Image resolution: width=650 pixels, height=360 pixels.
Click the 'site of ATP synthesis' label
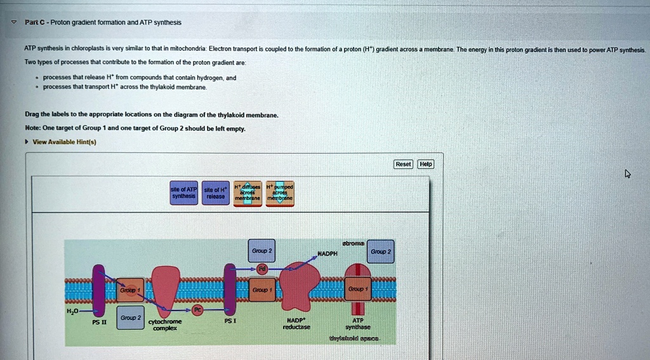click(185, 192)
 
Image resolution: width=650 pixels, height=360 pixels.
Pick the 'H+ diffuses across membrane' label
click(248, 192)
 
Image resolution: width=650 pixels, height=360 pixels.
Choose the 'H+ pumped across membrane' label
click(279, 192)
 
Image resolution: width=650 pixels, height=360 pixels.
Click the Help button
click(425, 164)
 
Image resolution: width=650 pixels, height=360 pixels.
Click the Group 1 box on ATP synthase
click(357, 289)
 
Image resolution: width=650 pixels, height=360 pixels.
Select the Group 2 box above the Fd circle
click(262, 251)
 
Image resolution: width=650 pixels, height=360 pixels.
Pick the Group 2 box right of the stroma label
click(381, 251)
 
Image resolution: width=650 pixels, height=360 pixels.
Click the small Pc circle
click(197, 310)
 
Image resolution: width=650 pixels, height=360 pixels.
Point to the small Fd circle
click(262, 269)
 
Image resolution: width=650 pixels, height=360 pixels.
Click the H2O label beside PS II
click(74, 311)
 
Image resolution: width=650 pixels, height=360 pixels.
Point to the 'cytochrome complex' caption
click(164, 325)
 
